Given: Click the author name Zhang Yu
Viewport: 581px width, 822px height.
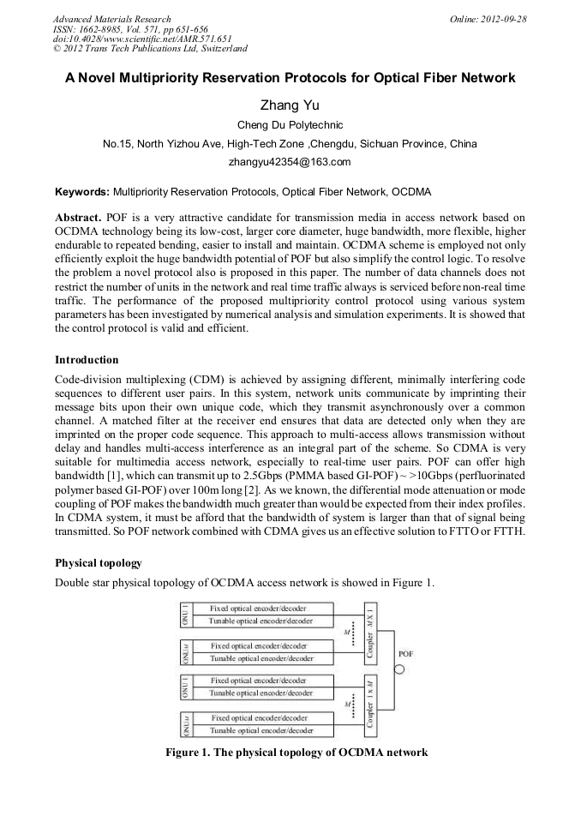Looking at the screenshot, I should (290, 105).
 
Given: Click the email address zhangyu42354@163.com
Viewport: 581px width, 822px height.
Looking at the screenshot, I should (290, 161).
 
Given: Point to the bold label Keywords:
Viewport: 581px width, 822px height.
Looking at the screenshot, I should (82, 191).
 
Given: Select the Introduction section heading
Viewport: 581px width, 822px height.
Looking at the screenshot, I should (87, 359).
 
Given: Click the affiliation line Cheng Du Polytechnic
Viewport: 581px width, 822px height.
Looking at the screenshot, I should (290, 125).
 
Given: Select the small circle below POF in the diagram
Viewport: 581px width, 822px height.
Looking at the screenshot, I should (398, 670).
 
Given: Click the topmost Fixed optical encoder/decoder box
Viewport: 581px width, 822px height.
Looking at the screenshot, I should (260, 609).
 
